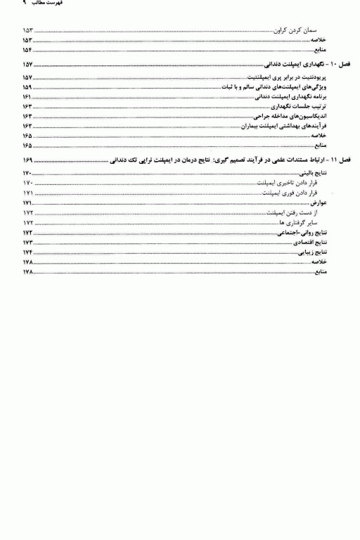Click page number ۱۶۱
pos(27,96)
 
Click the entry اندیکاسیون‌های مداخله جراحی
pos(297,115)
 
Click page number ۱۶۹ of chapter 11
pos(27,161)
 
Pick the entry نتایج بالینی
pos(323,173)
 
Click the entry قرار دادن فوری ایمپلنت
pos(295,193)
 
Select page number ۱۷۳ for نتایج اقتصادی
pos(27,242)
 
